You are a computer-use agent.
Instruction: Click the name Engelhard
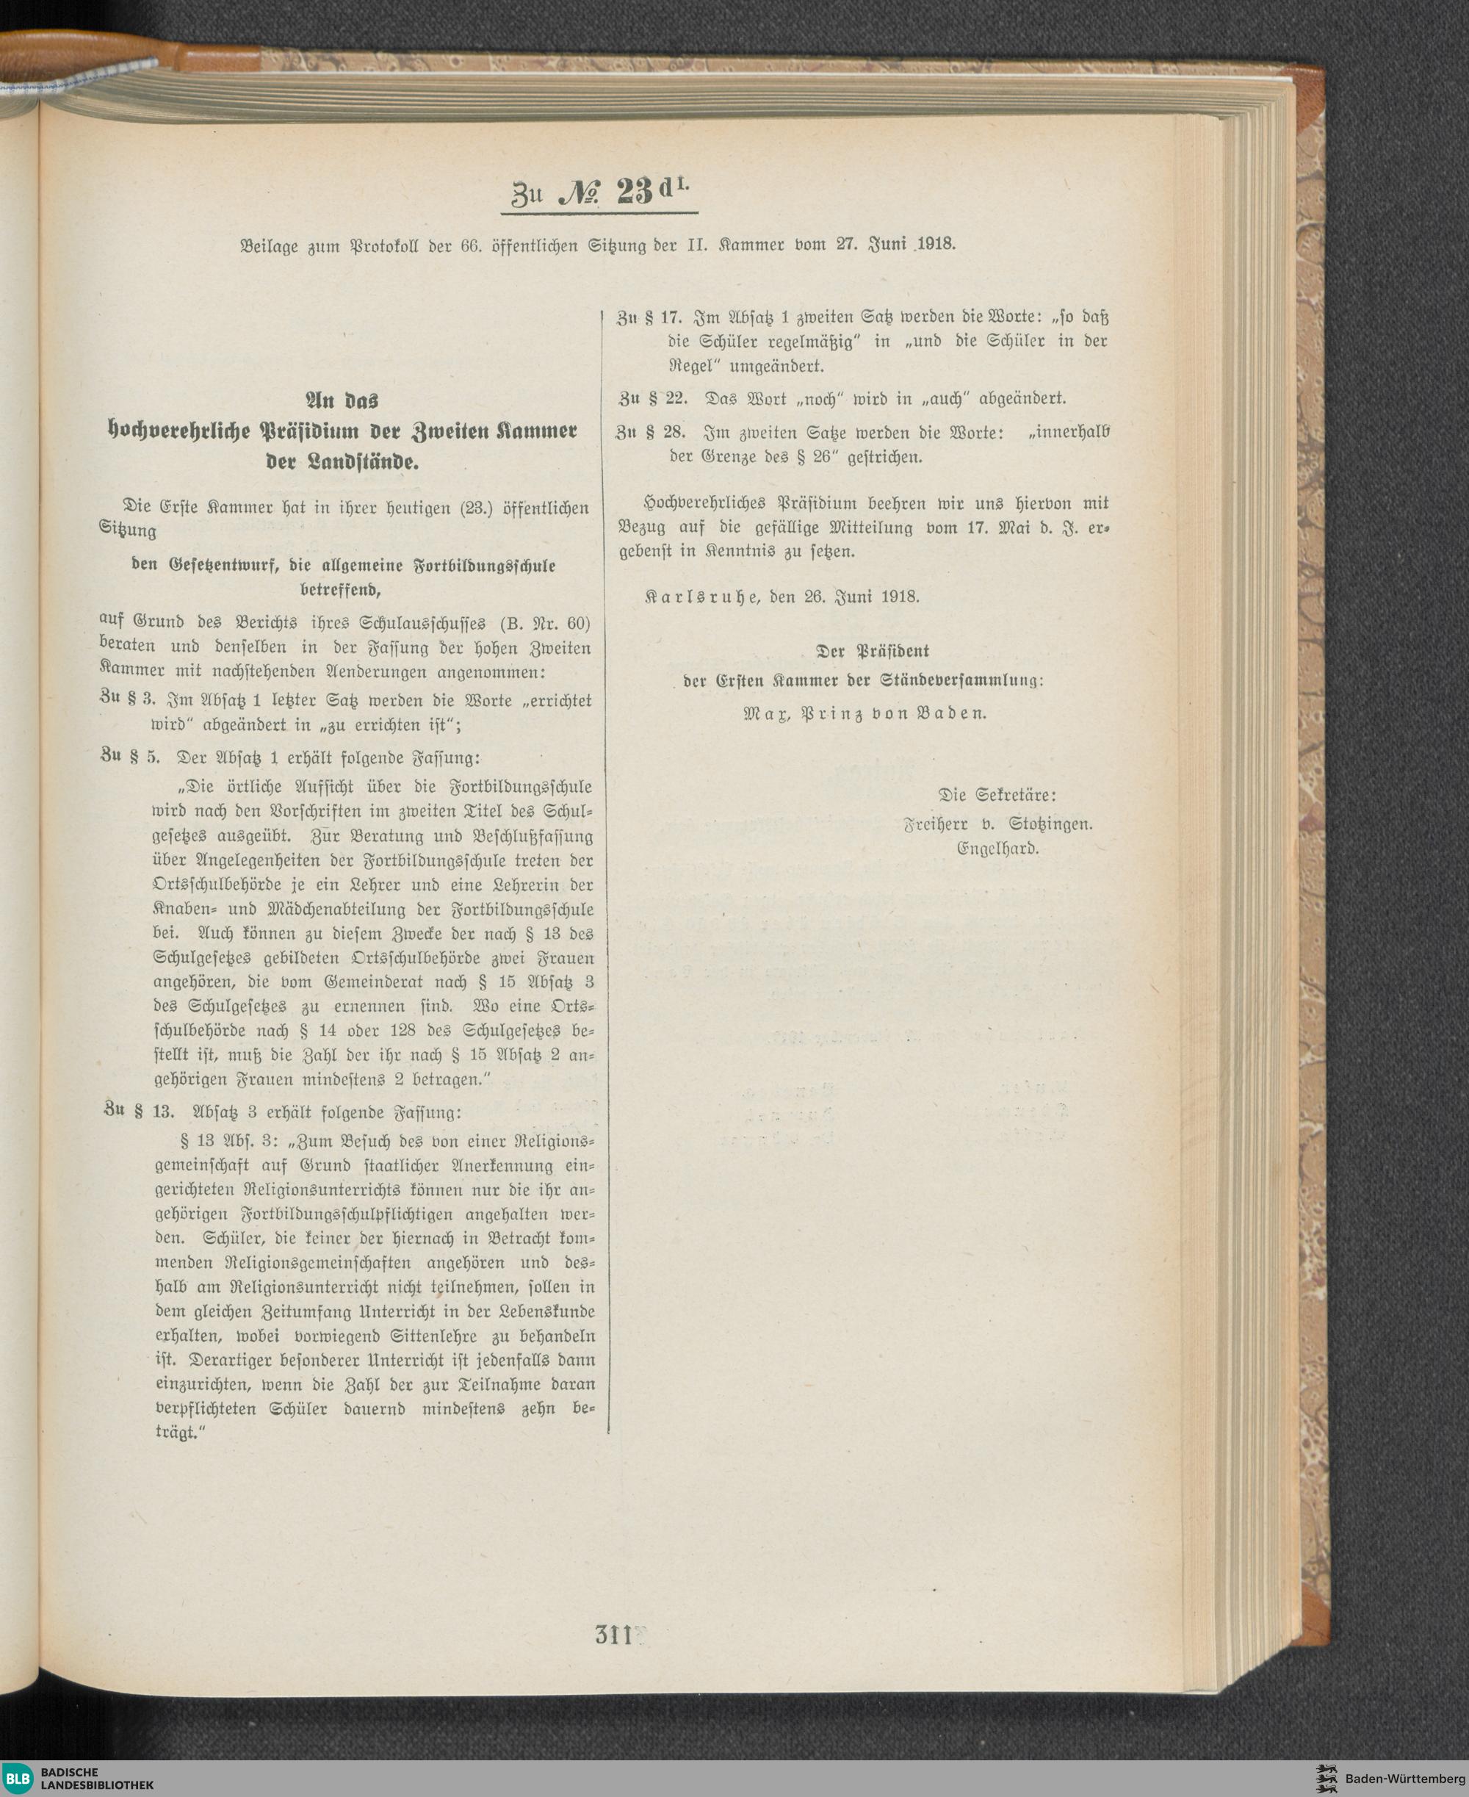click(997, 847)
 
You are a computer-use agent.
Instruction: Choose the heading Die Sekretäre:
click(997, 796)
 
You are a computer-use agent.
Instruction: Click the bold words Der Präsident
click(873, 651)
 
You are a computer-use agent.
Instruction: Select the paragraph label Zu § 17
click(650, 318)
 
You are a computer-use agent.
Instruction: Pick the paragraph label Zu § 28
click(651, 433)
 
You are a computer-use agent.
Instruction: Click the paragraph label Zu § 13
click(138, 1112)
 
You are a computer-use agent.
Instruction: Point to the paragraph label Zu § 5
click(129, 757)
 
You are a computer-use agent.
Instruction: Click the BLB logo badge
click(18, 1776)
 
